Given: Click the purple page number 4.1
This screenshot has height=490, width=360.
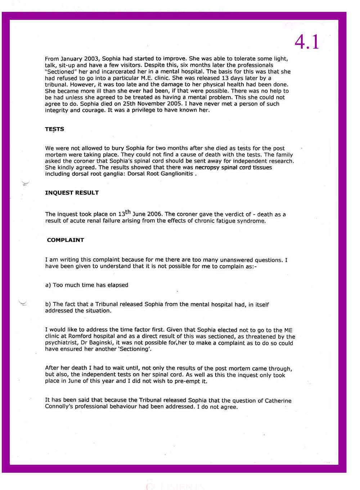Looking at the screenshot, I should (307, 42).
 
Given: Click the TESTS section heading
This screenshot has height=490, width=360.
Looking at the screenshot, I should (54, 129).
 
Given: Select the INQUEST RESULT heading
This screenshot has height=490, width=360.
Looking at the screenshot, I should (72, 193).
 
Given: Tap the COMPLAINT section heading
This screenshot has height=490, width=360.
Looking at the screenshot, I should (65, 240).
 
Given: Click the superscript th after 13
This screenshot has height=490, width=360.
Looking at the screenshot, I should (128, 211).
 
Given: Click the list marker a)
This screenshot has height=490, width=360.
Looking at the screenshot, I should (48, 285).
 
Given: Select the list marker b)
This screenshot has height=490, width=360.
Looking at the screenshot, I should (48, 305).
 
